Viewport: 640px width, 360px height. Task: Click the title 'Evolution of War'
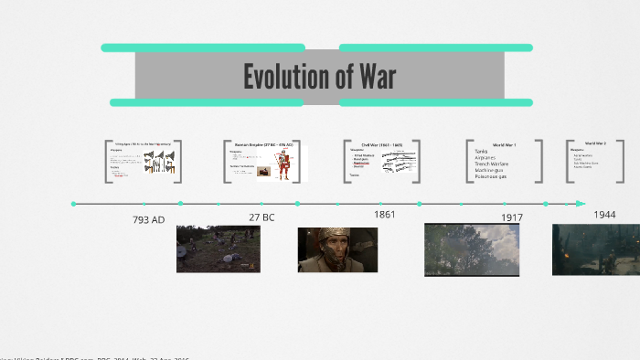pyautogui.click(x=319, y=78)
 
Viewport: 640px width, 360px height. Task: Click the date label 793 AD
pyautogui.click(x=149, y=220)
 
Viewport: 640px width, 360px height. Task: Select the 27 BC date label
pyautogui.click(x=261, y=217)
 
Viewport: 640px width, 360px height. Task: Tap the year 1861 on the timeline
pyautogui.click(x=384, y=215)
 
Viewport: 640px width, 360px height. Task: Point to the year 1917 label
pyautogui.click(x=511, y=217)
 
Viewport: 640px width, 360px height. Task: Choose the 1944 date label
pyautogui.click(x=604, y=215)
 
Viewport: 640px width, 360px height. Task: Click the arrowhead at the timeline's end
pyautogui.click(x=581, y=204)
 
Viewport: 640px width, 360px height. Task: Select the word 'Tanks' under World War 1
pyautogui.click(x=481, y=152)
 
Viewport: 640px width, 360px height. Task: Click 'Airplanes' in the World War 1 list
pyautogui.click(x=486, y=158)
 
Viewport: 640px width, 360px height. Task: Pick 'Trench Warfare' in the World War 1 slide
pyautogui.click(x=492, y=164)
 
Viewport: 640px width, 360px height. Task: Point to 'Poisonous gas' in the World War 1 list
pyautogui.click(x=491, y=177)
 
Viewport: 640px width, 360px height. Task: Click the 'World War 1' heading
pyautogui.click(x=504, y=144)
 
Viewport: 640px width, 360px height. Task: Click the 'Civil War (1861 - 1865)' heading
pyautogui.click(x=381, y=144)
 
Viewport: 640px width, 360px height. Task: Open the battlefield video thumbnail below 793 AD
pyautogui.click(x=218, y=249)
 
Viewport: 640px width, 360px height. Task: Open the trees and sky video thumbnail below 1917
pyautogui.click(x=471, y=249)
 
